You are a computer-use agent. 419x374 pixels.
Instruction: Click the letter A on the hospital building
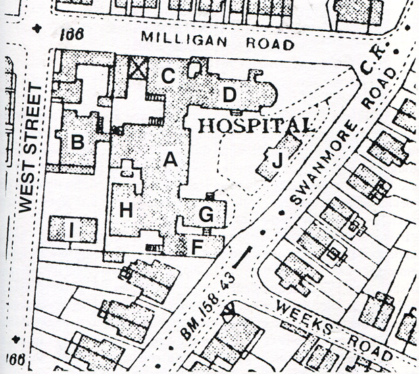click(170, 160)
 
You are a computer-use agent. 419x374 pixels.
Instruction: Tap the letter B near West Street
click(78, 142)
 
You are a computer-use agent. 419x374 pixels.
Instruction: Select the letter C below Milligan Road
click(168, 76)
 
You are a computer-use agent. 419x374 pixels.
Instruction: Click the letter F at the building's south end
click(197, 248)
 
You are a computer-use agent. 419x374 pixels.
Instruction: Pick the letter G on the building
click(207, 216)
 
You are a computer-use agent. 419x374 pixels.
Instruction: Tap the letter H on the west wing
click(126, 210)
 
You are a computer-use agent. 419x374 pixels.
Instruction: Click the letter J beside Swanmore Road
click(276, 162)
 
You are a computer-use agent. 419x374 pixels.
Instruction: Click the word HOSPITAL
click(257, 126)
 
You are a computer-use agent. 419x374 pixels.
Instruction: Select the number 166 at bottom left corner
click(18, 358)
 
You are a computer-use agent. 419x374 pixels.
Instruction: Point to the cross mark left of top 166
click(36, 29)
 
